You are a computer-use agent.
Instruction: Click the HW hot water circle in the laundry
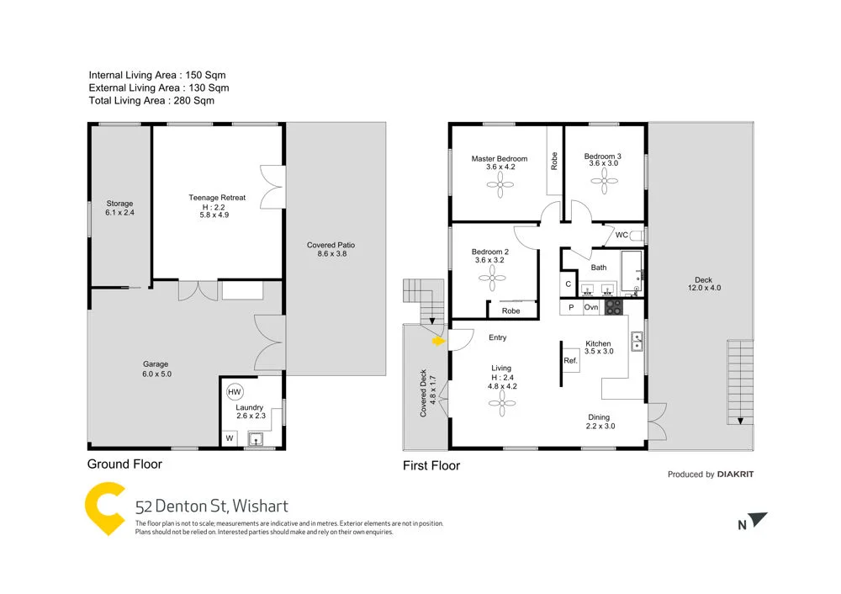pyautogui.click(x=234, y=391)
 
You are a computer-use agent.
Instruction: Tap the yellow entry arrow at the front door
pyautogui.click(x=437, y=342)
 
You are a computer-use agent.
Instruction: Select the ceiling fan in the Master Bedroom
pyautogui.click(x=499, y=190)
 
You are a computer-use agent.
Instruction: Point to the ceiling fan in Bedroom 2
pyautogui.click(x=489, y=284)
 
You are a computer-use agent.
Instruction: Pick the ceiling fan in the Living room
pyautogui.click(x=502, y=405)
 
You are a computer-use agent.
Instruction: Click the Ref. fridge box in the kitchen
pyautogui.click(x=570, y=361)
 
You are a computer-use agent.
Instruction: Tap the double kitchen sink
pyautogui.click(x=637, y=341)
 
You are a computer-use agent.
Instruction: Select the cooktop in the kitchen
pyautogui.click(x=613, y=307)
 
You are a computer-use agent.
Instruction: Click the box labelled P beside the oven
pyautogui.click(x=571, y=308)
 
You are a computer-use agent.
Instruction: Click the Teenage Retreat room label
pyautogui.click(x=217, y=199)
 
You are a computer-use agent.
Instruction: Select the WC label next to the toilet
pyautogui.click(x=621, y=235)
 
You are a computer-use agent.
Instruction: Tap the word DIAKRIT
pyautogui.click(x=735, y=475)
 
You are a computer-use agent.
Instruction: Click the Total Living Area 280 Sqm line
pyautogui.click(x=151, y=100)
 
